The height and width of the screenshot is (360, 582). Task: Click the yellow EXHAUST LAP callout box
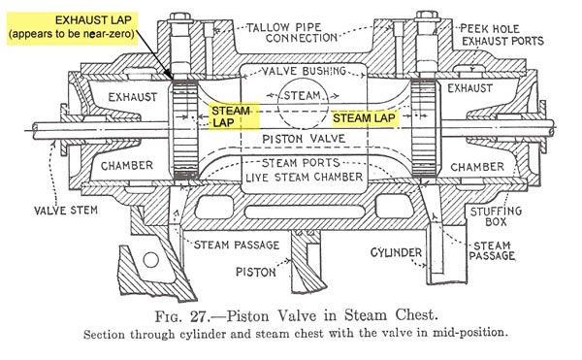coord(73,28)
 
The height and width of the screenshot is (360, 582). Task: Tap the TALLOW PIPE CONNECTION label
coord(293,33)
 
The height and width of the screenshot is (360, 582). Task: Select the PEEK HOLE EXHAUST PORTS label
coord(502,35)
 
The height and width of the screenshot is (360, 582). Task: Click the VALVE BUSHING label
coord(304,71)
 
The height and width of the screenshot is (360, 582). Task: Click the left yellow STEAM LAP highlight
coord(234,116)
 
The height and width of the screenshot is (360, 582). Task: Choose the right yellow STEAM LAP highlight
coord(364,118)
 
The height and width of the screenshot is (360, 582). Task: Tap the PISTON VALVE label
coord(304,139)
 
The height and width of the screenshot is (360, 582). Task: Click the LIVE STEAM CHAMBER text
coord(304,178)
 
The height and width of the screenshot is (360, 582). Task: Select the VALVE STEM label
coord(66,211)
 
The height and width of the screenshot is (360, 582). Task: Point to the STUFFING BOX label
coord(496,216)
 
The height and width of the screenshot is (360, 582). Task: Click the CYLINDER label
coord(396,252)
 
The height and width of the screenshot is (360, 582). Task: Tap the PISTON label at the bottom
coord(256,272)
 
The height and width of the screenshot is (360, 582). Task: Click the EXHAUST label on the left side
coord(133,97)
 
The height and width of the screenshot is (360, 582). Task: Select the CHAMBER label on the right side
coord(477,167)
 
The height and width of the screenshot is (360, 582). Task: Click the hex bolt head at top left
coord(179,16)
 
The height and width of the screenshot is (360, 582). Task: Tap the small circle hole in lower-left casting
coord(151,260)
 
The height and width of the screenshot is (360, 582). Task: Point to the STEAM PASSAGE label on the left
coord(237,245)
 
